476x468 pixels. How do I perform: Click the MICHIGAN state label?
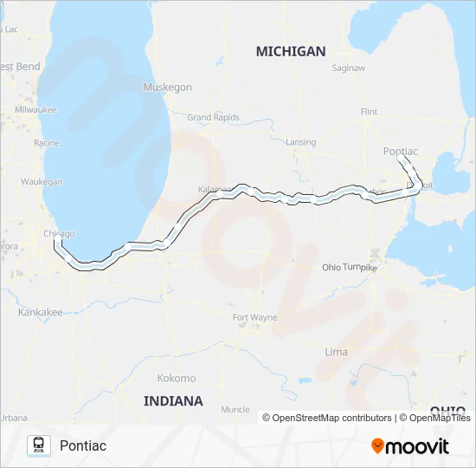point(291,51)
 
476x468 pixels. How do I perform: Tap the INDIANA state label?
point(174,400)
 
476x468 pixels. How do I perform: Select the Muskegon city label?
point(167,88)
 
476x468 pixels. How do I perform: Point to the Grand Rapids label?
point(212,117)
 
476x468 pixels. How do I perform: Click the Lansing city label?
point(300,142)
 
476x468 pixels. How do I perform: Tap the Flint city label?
point(370,112)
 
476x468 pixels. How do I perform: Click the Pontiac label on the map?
point(400,152)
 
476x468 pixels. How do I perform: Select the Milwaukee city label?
point(35,110)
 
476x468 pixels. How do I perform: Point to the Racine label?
point(46,142)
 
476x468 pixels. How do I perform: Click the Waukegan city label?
point(42,182)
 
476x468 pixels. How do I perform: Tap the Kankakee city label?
point(41,312)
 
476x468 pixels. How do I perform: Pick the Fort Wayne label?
point(255,317)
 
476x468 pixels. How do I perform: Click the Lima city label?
point(336,352)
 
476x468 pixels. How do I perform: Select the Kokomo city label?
point(177,379)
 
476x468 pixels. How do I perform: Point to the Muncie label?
point(235,409)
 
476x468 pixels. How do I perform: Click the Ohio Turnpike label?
point(350,268)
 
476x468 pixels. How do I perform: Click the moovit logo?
point(410,445)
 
